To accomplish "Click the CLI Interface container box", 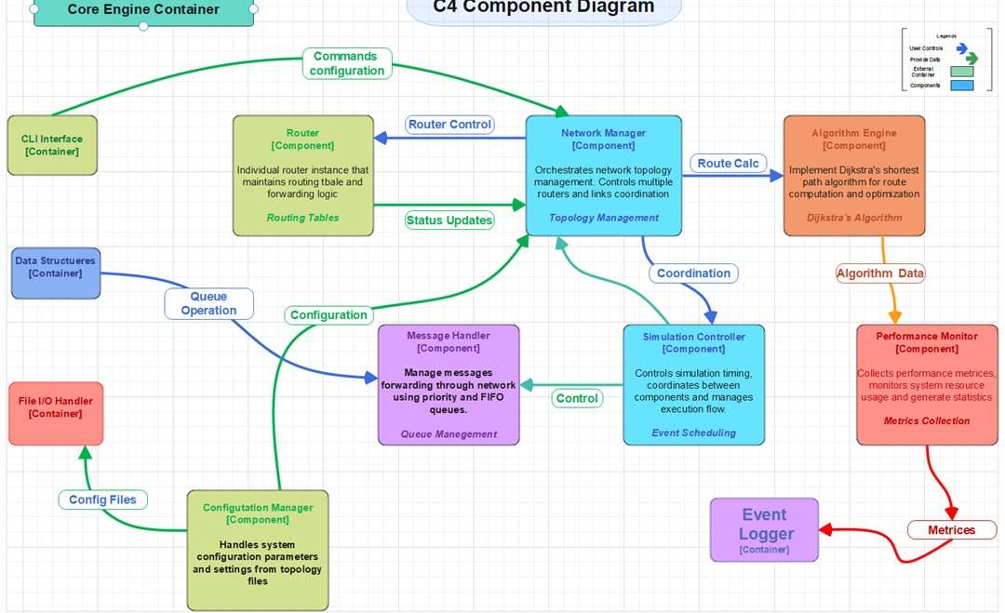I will click(52, 145).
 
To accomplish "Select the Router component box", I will click(302, 175).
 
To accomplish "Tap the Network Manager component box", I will click(603, 176).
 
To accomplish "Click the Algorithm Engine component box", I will click(854, 175).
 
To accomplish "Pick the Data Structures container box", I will click(55, 273).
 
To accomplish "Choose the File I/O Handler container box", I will click(56, 413).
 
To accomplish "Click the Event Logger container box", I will click(764, 529).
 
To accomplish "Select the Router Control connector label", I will click(450, 125).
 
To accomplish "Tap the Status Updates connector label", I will click(449, 220).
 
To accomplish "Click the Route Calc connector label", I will click(729, 164).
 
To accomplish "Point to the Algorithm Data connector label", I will click(880, 273).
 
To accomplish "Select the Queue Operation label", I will click(208, 303).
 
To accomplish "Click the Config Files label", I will click(102, 500).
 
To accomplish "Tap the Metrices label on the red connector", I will click(951, 530).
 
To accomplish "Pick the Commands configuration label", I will click(347, 63).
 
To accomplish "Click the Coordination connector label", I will click(693, 273).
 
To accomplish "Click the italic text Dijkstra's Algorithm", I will click(854, 218).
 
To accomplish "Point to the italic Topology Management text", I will click(603, 218).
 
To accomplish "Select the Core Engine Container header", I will click(143, 10).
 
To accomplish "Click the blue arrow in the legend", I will click(962, 47).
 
